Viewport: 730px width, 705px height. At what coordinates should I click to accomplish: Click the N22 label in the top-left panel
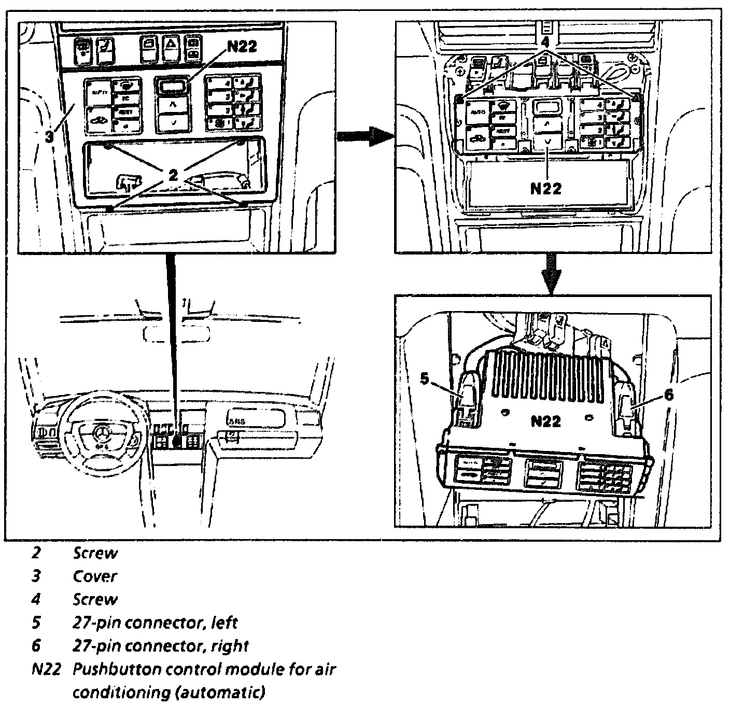point(242,47)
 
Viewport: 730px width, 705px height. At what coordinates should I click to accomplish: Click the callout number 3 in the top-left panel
point(48,137)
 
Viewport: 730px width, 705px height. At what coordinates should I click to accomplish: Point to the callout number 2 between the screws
point(173,175)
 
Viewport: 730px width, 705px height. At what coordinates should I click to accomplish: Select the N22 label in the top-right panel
point(546,188)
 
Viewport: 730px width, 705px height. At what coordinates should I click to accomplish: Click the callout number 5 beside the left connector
point(425,379)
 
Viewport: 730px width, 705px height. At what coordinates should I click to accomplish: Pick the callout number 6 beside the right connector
point(669,395)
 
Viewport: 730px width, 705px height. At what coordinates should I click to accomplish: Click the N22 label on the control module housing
point(545,421)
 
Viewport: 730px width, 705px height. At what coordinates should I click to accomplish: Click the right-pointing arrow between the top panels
point(363,137)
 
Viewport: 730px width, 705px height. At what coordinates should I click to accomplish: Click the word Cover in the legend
point(95,576)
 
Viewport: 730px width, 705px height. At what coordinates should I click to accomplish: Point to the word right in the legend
point(229,646)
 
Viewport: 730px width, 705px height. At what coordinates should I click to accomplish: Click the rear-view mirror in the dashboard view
point(176,334)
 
